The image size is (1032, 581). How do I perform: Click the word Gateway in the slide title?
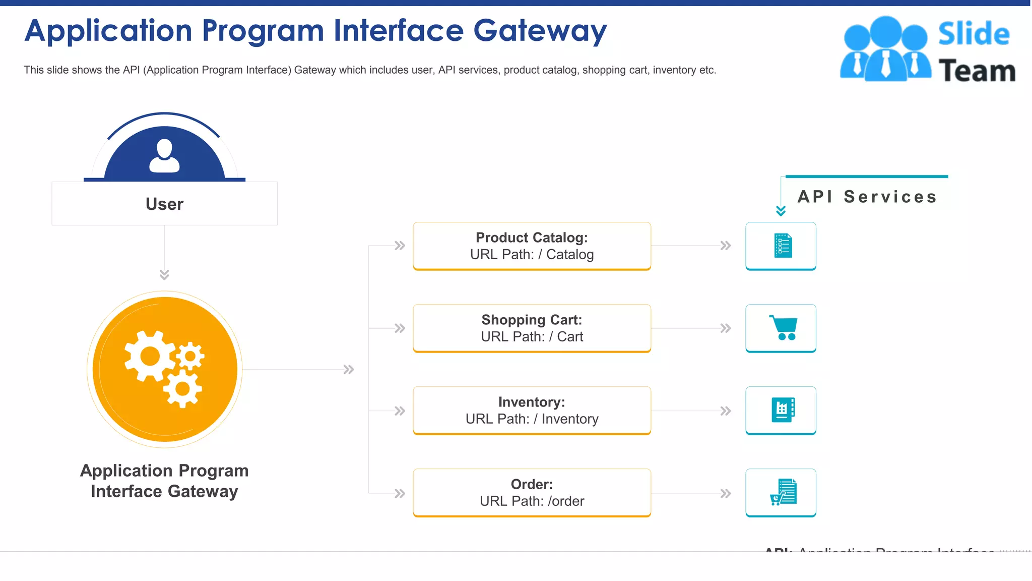pyautogui.click(x=540, y=31)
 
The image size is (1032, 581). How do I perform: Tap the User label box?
pyautogui.click(x=164, y=204)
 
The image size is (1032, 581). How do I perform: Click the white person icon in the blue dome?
pyautogui.click(x=164, y=156)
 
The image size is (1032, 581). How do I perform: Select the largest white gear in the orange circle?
pyautogui.click(x=150, y=356)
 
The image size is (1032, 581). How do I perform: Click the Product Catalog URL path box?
pyautogui.click(x=532, y=246)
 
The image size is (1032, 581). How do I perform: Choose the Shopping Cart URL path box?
pyautogui.click(x=532, y=328)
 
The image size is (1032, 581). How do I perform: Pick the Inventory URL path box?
pyautogui.click(x=532, y=411)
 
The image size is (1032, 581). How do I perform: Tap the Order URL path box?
pyautogui.click(x=532, y=493)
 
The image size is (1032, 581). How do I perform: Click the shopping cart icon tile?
pyautogui.click(x=781, y=328)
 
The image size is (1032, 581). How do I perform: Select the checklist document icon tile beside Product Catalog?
pyautogui.click(x=781, y=246)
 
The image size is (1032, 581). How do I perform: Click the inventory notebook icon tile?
pyautogui.click(x=781, y=411)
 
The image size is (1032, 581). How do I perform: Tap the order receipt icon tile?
pyautogui.click(x=781, y=493)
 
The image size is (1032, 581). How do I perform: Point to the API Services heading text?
pyautogui.click(x=867, y=197)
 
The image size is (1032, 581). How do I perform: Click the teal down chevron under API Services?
pyautogui.click(x=781, y=211)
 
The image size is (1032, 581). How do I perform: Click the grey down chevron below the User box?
pyautogui.click(x=164, y=275)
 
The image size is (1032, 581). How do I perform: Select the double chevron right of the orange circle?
pyautogui.click(x=349, y=370)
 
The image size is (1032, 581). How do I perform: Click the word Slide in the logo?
pyautogui.click(x=974, y=34)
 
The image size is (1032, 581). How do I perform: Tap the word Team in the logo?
pyautogui.click(x=977, y=71)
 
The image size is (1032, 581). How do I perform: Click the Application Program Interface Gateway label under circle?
pyautogui.click(x=164, y=481)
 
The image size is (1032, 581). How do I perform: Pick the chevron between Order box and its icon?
pyautogui.click(x=725, y=493)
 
